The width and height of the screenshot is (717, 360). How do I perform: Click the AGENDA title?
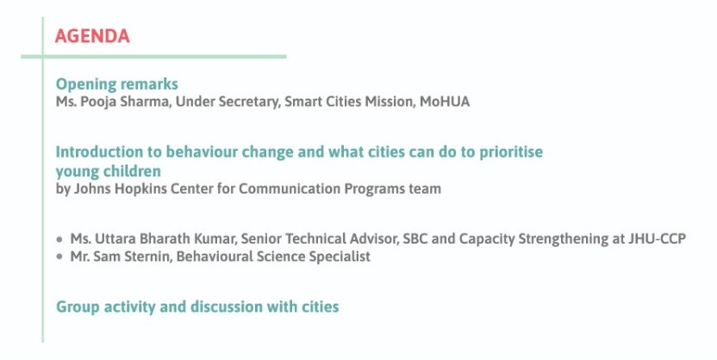click(92, 36)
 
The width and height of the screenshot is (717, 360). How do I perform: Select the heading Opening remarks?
click(116, 84)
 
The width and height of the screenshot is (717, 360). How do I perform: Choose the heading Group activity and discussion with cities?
click(197, 307)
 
